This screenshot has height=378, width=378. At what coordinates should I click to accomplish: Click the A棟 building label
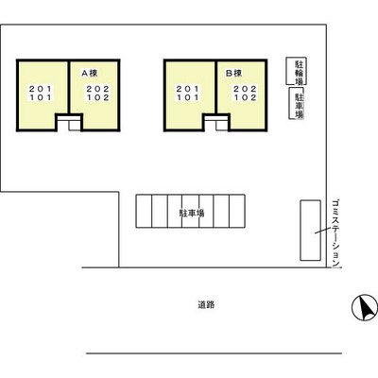(x=90, y=74)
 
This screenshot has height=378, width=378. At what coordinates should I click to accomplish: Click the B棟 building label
(x=234, y=74)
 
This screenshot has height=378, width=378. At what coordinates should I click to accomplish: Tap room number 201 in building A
(x=41, y=89)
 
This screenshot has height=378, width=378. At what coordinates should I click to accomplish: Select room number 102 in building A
(x=98, y=97)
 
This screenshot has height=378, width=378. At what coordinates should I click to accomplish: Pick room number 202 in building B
(x=245, y=89)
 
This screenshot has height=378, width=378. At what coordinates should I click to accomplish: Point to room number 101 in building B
(x=187, y=97)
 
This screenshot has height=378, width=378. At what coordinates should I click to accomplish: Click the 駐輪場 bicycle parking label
(x=299, y=73)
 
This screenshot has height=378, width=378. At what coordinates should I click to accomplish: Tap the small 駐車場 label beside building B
(x=300, y=106)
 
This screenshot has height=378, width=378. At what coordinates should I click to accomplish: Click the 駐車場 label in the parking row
(x=192, y=214)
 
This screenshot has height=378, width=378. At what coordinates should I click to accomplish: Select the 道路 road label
(x=206, y=304)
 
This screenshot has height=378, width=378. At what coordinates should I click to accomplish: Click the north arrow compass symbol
(x=365, y=308)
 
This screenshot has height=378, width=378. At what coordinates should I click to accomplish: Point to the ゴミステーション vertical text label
(x=336, y=232)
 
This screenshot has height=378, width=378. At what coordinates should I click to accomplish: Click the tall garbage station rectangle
(x=310, y=231)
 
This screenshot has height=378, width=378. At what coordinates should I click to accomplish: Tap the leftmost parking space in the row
(x=144, y=211)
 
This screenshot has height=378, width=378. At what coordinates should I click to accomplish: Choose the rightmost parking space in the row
(x=237, y=211)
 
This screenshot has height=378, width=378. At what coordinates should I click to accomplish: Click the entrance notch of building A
(x=69, y=122)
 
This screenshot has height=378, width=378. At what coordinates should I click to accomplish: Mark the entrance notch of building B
(x=216, y=122)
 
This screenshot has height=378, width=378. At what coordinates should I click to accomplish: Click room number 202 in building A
(x=98, y=89)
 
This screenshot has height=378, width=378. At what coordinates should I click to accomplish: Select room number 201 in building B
(x=187, y=89)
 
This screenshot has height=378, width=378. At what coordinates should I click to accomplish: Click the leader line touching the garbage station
(x=322, y=231)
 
